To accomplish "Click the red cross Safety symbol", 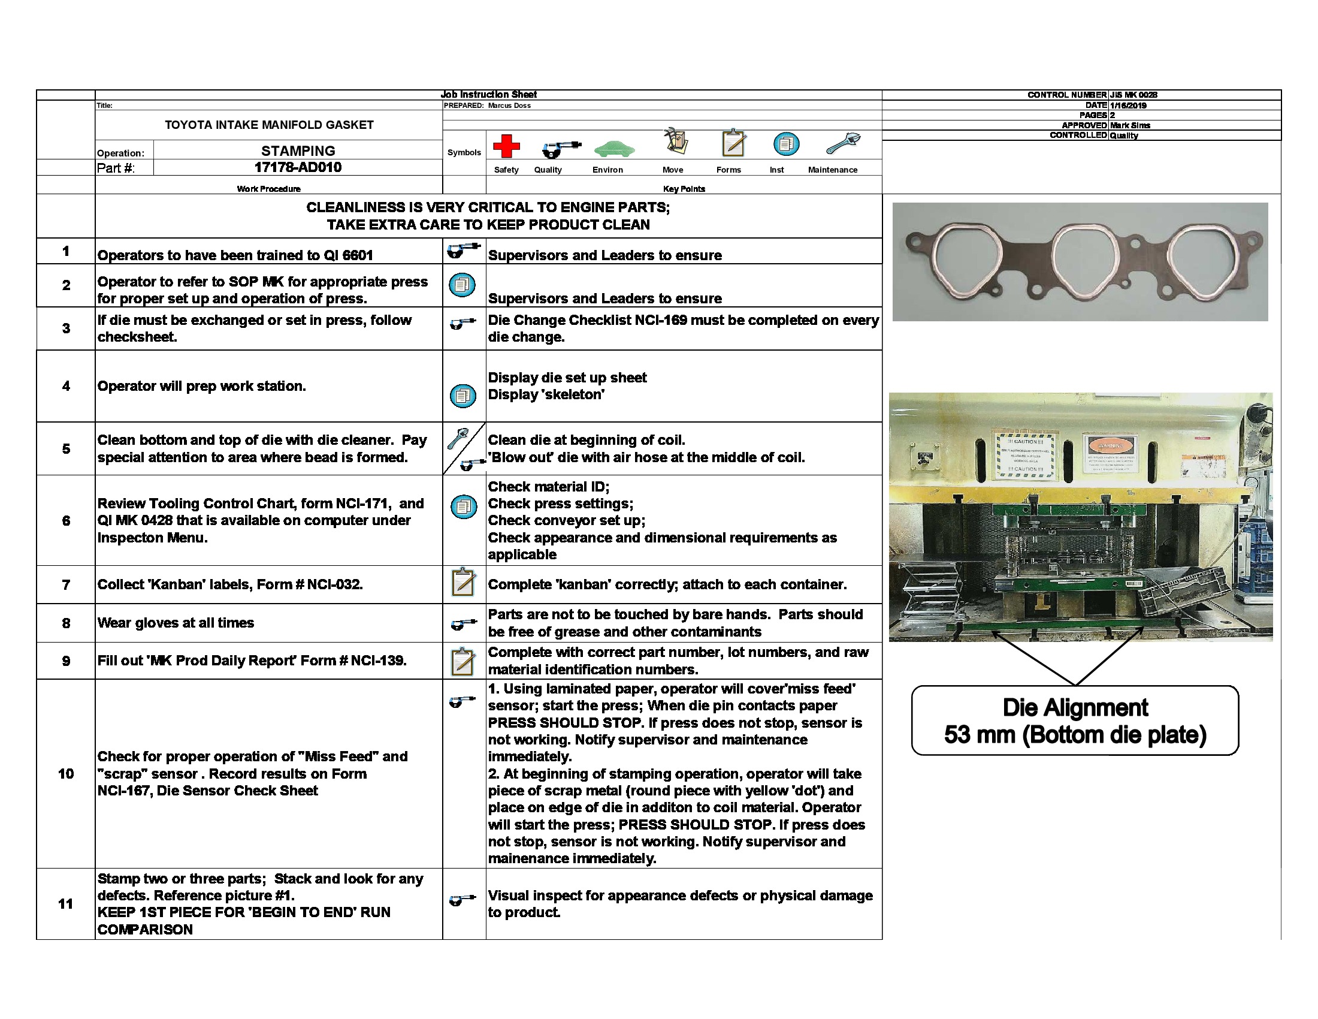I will point(506,146).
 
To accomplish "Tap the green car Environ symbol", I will point(613,148).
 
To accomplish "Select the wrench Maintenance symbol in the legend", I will point(842,144).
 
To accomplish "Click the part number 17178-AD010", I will point(298,167).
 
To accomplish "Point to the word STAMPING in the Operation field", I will point(298,150).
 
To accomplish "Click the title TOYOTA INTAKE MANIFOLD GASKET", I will point(269,125).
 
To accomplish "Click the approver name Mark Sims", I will point(1130,125).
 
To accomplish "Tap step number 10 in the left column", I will point(66,773).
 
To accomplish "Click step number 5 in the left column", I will point(66,448).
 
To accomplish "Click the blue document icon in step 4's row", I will point(463,396).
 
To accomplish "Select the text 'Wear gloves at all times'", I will point(176,622).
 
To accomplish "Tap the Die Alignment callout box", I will point(1074,720).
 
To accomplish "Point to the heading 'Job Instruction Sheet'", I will point(488,94).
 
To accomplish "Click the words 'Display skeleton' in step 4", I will point(546,394).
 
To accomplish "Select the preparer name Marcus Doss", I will point(509,105).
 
